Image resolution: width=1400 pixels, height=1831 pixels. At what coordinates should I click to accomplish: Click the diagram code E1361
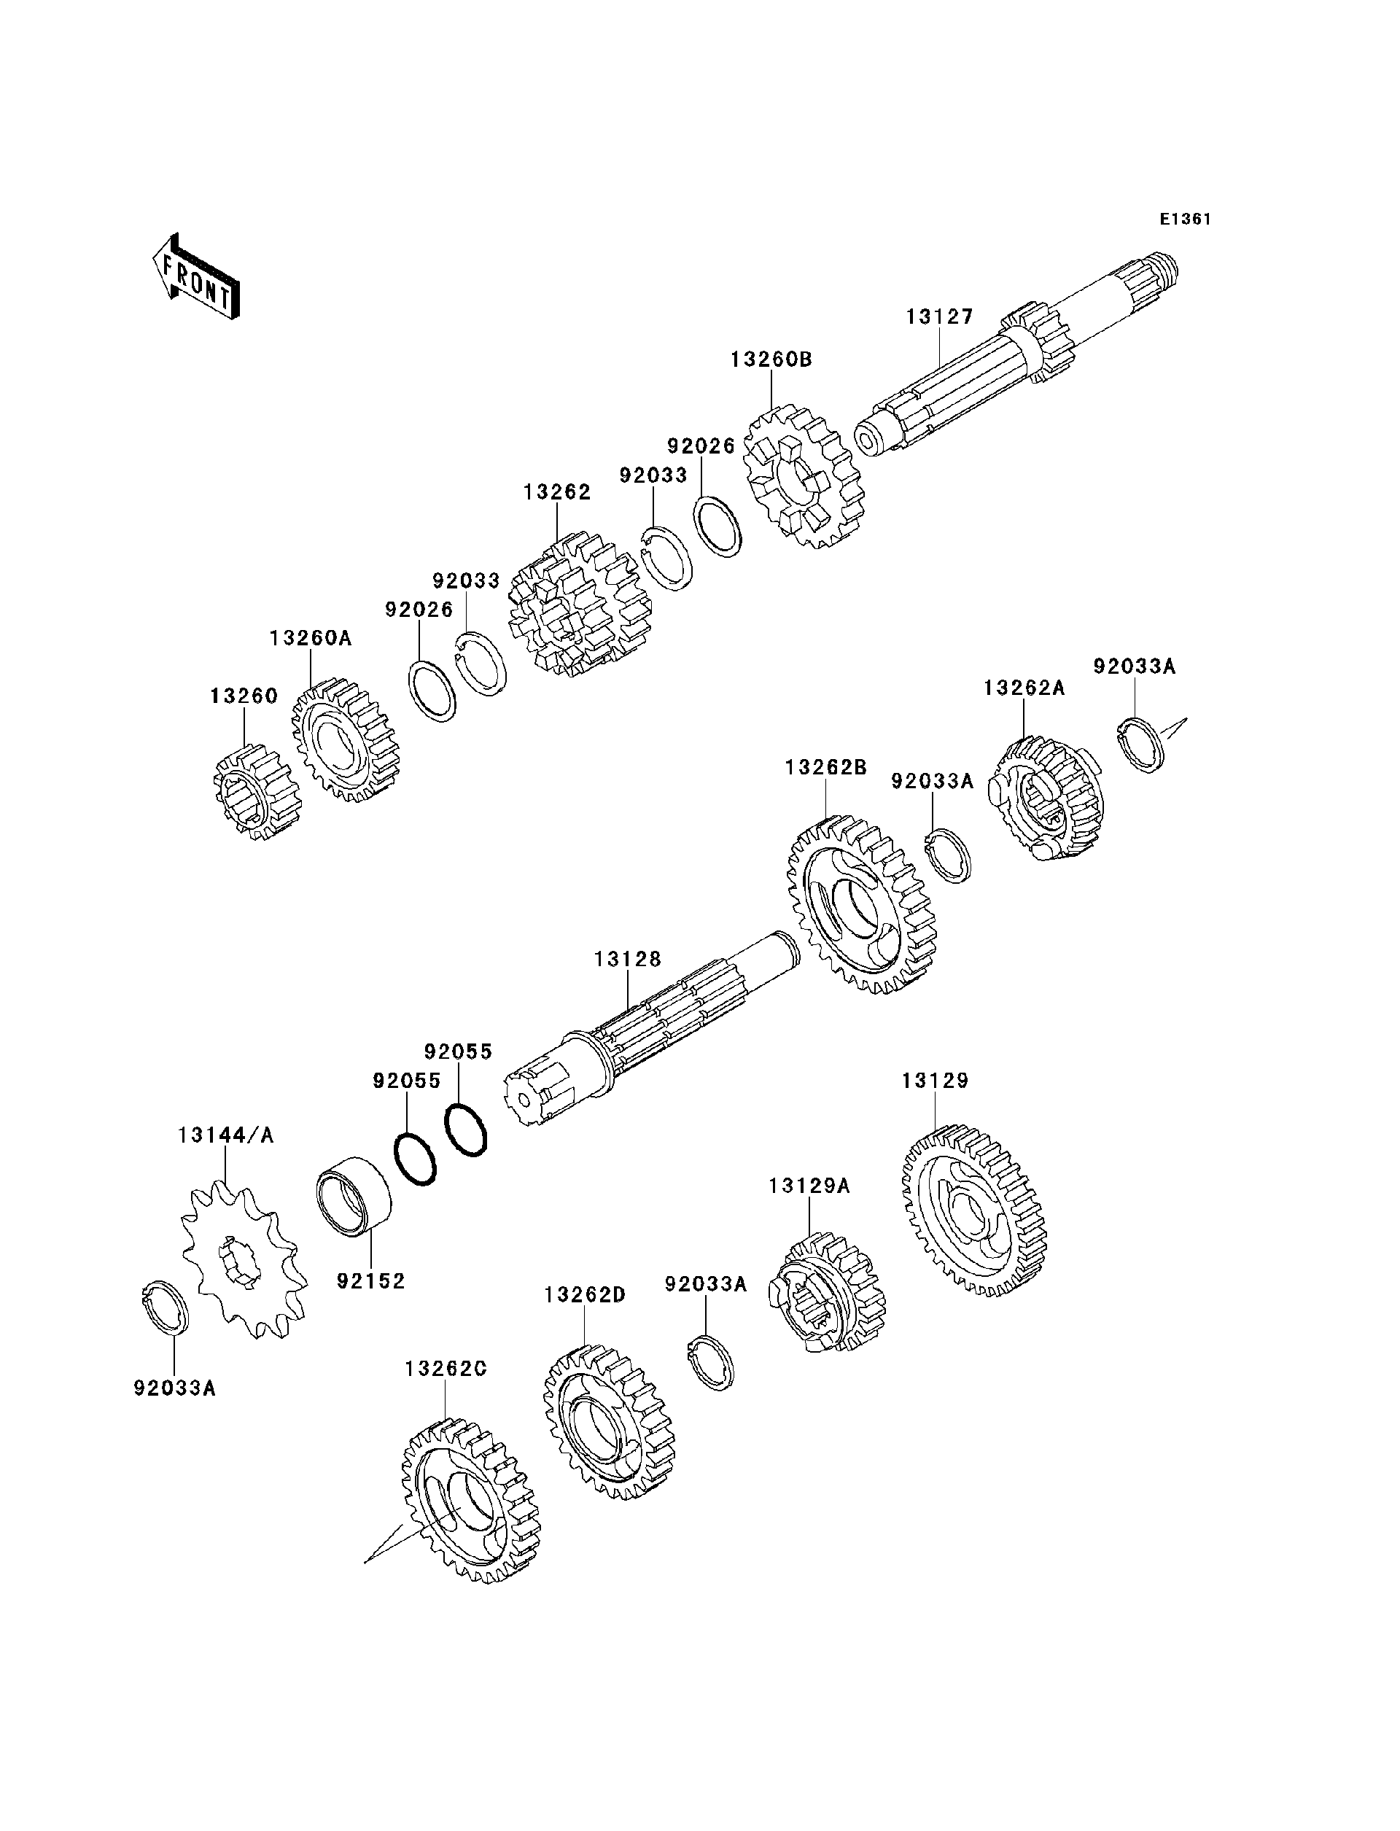[1185, 219]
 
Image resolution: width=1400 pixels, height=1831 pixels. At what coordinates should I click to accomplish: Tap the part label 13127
[939, 316]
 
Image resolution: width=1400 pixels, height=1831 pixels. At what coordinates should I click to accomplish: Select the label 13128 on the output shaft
[628, 960]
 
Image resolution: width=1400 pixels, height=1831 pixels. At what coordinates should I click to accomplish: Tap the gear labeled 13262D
[608, 1423]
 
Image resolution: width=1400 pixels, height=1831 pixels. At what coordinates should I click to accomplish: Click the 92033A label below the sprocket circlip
[174, 1388]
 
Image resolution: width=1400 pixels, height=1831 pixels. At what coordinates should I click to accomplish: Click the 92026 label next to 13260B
[701, 446]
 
